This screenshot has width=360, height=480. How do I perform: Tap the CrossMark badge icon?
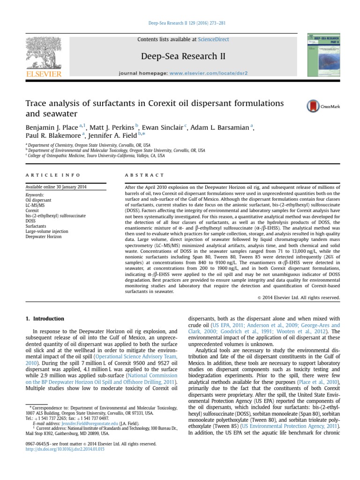tap(323, 106)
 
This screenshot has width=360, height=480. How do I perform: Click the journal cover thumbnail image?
tap(323, 55)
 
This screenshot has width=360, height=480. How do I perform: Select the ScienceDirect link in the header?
tap(213, 39)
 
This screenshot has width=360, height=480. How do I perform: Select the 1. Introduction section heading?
tap(45, 319)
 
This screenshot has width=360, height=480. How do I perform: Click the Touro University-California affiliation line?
tap(96, 156)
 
